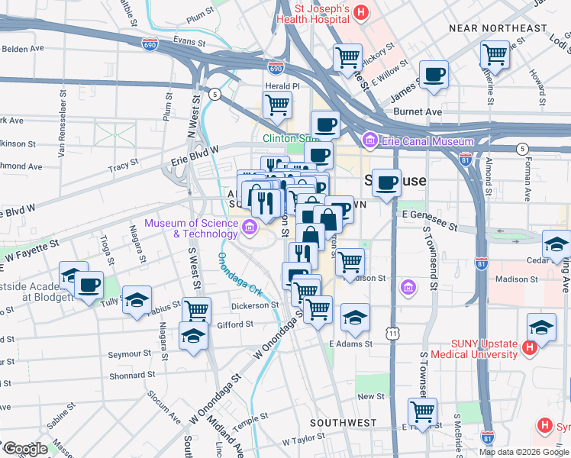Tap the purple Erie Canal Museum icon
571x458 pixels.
371,140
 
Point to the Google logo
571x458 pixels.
25,448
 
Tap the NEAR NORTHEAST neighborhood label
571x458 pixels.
498,28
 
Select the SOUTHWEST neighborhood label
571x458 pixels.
343,422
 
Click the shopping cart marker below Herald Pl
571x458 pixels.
277,105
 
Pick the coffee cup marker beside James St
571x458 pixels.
434,75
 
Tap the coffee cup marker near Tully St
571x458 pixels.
89,285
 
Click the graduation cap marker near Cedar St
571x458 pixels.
556,245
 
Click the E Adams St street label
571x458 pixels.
350,344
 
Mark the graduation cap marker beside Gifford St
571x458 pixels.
193,336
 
